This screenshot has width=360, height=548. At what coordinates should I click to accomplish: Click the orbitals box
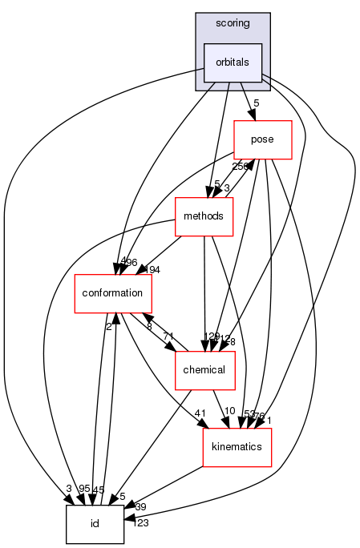(x=233, y=62)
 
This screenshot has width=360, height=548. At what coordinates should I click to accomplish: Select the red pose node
(x=262, y=139)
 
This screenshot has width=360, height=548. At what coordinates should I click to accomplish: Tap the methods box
(x=204, y=216)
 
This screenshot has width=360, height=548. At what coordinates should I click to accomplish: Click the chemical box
(x=204, y=370)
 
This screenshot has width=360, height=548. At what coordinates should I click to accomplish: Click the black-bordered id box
(x=95, y=524)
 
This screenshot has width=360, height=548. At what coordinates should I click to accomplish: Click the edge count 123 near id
(x=141, y=523)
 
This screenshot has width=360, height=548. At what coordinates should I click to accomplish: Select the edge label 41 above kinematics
(x=201, y=413)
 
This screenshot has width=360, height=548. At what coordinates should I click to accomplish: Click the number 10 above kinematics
(x=229, y=412)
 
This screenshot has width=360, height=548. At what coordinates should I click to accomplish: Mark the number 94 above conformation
(x=152, y=270)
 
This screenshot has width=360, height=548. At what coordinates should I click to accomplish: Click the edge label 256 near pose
(x=241, y=167)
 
